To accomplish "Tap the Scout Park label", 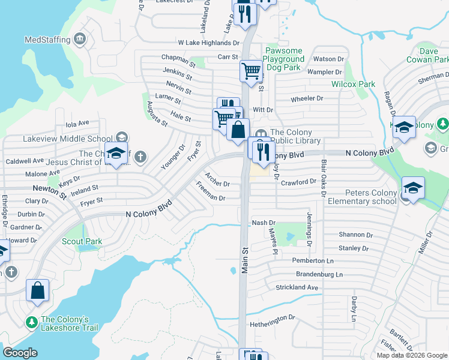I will (x=82, y=241).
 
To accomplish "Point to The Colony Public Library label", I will (x=295, y=137).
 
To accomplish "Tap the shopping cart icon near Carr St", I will (x=251, y=71).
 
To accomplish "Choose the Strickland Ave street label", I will (x=297, y=287).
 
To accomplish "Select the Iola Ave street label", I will (x=77, y=125).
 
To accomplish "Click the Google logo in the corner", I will (x=20, y=353).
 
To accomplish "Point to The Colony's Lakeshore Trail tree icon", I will (x=31, y=323).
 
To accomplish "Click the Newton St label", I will (x=50, y=191).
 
